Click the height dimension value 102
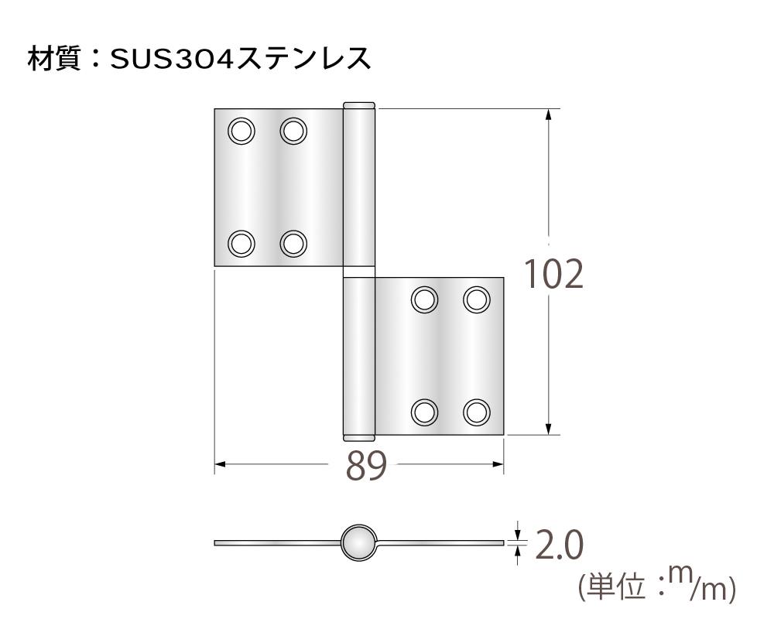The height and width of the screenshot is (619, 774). [x=553, y=274]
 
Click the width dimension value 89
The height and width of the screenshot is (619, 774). [x=365, y=466]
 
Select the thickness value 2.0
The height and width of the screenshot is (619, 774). [x=559, y=546]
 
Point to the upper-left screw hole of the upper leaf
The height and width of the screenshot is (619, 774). [x=241, y=130]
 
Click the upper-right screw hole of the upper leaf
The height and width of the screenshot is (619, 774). [x=293, y=130]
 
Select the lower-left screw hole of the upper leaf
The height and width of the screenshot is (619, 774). [x=241, y=244]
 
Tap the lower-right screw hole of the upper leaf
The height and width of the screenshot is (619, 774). [x=293, y=244]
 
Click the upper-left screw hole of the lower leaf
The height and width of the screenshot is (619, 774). [x=424, y=299]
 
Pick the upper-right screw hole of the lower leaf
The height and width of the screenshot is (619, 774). [x=477, y=299]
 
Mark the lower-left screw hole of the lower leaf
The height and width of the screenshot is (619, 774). [x=424, y=412]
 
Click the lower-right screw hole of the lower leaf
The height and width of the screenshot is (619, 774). [x=477, y=412]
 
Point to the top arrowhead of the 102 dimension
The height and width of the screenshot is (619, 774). [x=549, y=115]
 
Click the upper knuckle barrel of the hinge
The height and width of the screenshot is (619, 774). [x=358, y=186]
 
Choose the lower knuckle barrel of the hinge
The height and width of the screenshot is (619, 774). [x=358, y=356]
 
